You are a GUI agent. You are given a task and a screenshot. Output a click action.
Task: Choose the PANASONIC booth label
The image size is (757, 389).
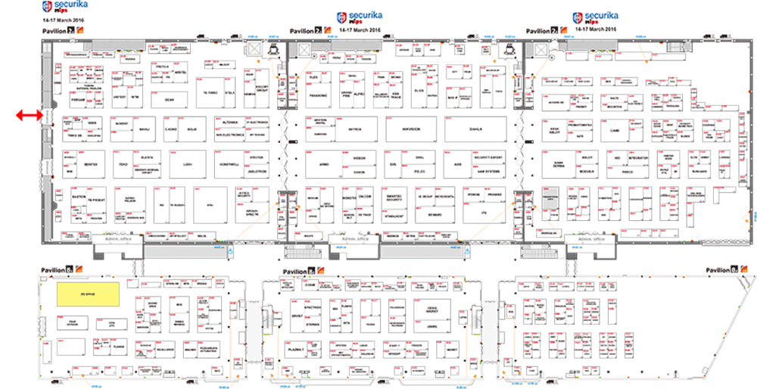pyautogui.click(x=318, y=96)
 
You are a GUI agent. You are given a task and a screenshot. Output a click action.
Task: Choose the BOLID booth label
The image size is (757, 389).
pyautogui.click(x=192, y=129)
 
